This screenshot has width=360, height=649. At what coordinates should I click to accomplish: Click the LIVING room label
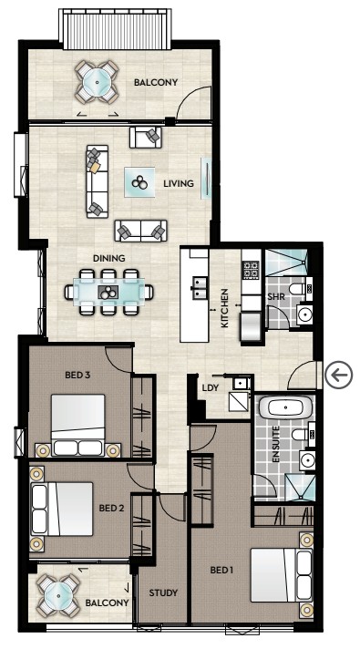[x=179, y=183]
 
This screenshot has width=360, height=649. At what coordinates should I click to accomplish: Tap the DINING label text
[x=108, y=258]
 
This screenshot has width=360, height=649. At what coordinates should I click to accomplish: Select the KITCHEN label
[x=225, y=308]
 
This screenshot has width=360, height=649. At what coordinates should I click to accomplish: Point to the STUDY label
[x=163, y=592]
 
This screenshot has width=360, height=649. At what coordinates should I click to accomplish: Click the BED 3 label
[x=77, y=376]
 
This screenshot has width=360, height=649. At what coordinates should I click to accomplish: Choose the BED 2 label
[x=111, y=508]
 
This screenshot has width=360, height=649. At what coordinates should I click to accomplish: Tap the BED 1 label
[x=221, y=570]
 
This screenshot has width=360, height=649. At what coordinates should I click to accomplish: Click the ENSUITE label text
[x=276, y=444]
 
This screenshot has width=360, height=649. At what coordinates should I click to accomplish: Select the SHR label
[x=276, y=297]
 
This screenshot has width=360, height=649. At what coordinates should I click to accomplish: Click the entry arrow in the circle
[x=338, y=376]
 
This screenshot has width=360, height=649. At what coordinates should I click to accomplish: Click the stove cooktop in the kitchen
[x=251, y=270]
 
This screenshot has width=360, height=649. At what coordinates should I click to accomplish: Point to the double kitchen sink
[x=201, y=288]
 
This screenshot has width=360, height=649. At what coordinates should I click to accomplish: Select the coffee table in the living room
[x=139, y=182]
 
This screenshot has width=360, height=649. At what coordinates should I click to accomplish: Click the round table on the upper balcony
[x=97, y=82]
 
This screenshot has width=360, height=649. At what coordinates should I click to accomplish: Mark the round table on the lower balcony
[x=58, y=596]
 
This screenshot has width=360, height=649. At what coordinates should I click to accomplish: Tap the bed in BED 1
[x=282, y=575]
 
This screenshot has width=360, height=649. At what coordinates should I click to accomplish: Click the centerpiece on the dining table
[x=108, y=293]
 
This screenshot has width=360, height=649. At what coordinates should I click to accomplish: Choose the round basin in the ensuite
[x=307, y=460]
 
